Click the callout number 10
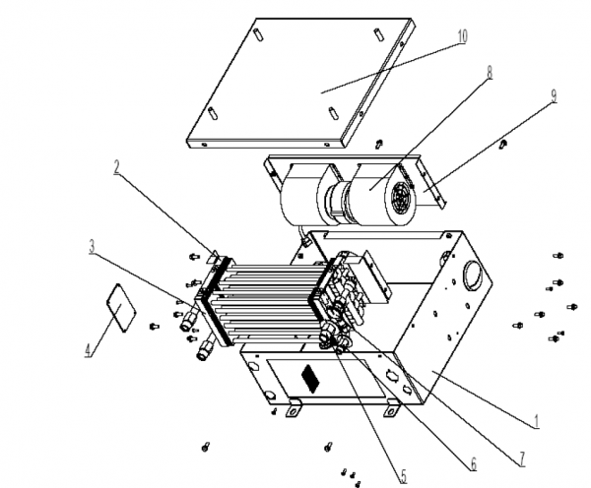click(x=463, y=36)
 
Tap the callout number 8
click(x=490, y=72)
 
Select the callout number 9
click(x=554, y=95)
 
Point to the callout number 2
click(x=117, y=167)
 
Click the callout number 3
click(x=92, y=247)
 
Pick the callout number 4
click(x=88, y=350)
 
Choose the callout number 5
click(x=403, y=477)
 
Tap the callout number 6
click(x=473, y=464)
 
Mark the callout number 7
click(x=522, y=459)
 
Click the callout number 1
click(x=537, y=422)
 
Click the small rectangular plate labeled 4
click(x=120, y=308)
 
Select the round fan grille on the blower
click(x=401, y=196)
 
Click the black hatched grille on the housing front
click(x=310, y=378)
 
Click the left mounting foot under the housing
click(x=295, y=408)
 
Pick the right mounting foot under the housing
click(x=392, y=408)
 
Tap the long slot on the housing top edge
click(x=382, y=235)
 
